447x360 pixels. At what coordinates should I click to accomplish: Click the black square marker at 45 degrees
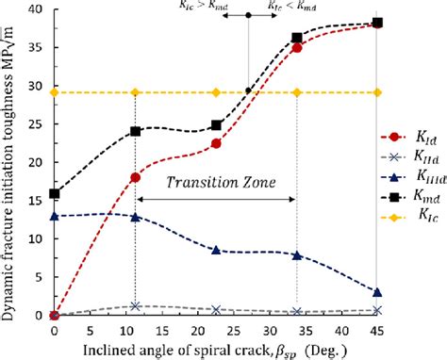(377, 23)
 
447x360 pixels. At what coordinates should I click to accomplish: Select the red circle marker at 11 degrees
(135, 177)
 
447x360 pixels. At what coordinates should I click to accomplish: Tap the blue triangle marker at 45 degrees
(377, 292)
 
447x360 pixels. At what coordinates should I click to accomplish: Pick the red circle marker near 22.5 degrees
(216, 143)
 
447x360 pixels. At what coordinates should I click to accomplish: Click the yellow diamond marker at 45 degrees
(377, 92)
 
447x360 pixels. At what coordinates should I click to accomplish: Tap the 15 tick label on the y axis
(36, 201)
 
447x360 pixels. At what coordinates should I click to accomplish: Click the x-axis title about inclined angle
(216, 350)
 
